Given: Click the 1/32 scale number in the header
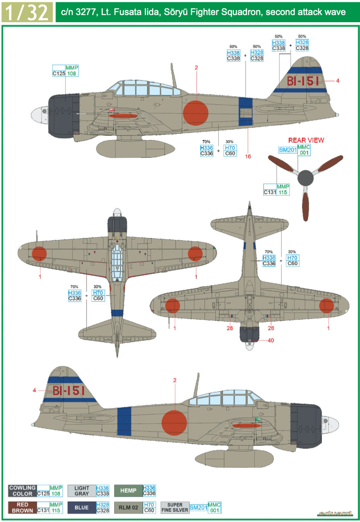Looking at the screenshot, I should point(27,12).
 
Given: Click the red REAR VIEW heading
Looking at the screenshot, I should point(306,140).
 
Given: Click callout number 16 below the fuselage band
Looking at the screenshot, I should point(248,156).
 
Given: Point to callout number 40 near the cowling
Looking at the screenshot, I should point(271,340).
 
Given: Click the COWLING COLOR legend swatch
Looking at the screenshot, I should point(23,491).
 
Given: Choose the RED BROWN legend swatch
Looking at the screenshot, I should point(23,508).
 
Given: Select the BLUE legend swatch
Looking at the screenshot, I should point(82,508).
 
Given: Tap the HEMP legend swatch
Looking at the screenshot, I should point(128,491).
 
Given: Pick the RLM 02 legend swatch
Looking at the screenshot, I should point(128,508).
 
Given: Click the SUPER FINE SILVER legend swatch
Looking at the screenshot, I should point(175,508).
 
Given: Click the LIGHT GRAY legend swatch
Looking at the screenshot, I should point(82,491).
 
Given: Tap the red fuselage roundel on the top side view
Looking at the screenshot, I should point(196,113).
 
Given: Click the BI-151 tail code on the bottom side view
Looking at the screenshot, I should point(69,391).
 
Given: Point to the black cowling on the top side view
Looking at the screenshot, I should point(63,116).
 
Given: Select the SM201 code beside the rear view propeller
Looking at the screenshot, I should point(288,150).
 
